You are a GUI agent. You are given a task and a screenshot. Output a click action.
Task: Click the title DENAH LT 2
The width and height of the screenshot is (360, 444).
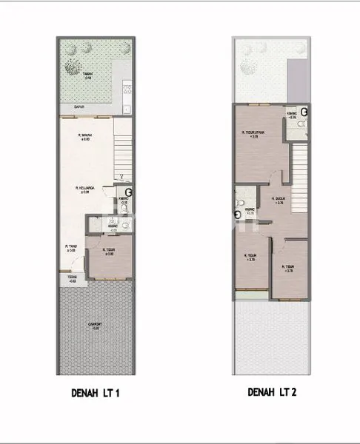click(272, 393)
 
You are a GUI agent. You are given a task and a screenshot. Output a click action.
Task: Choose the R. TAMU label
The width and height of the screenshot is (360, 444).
click(71, 248)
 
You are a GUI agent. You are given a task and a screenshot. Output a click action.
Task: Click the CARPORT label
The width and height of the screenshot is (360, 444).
click(95, 326)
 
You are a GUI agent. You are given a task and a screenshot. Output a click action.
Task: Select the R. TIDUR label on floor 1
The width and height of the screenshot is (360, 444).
click(108, 252)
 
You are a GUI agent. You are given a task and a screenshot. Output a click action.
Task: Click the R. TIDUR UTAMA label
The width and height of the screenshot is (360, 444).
click(254, 135)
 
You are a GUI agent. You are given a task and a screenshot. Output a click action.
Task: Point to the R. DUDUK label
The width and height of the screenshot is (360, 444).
click(279, 201)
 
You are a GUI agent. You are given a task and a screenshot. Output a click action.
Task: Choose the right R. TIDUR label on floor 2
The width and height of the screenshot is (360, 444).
click(288, 269)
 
